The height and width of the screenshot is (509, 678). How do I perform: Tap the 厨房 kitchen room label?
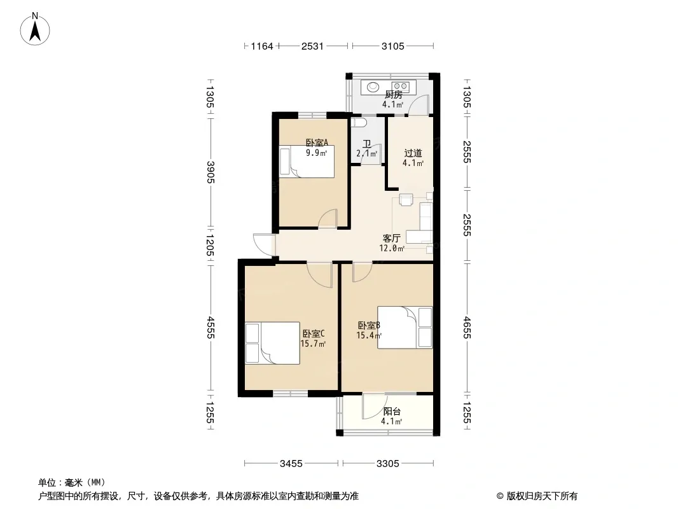click(393, 95)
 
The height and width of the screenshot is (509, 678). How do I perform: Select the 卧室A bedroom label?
click(317, 143)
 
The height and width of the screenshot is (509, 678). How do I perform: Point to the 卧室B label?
click(369, 324)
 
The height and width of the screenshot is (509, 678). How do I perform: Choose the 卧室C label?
click(314, 333)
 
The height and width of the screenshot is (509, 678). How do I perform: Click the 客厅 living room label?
click(392, 239)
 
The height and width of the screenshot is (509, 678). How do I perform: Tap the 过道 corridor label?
click(413, 153)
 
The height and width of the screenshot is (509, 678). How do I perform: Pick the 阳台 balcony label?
click(392, 411)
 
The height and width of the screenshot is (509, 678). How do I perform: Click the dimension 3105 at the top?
click(392, 46)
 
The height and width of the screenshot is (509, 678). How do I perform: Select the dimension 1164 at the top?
click(262, 46)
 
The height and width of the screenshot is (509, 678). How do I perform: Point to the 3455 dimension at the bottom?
click(291, 464)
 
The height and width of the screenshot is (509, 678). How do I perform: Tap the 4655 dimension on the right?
click(467, 328)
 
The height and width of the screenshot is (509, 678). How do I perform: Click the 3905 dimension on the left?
click(210, 172)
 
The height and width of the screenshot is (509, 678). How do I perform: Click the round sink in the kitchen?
click(373, 87)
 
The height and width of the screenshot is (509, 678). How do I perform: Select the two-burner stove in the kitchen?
click(401, 87)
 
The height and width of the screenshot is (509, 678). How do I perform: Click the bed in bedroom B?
click(405, 328)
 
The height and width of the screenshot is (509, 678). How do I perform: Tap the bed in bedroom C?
click(272, 343)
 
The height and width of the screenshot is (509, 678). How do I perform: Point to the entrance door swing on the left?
click(264, 244)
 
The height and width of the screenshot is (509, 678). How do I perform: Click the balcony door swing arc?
click(373, 407)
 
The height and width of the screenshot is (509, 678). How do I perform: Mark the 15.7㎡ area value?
click(313, 344)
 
